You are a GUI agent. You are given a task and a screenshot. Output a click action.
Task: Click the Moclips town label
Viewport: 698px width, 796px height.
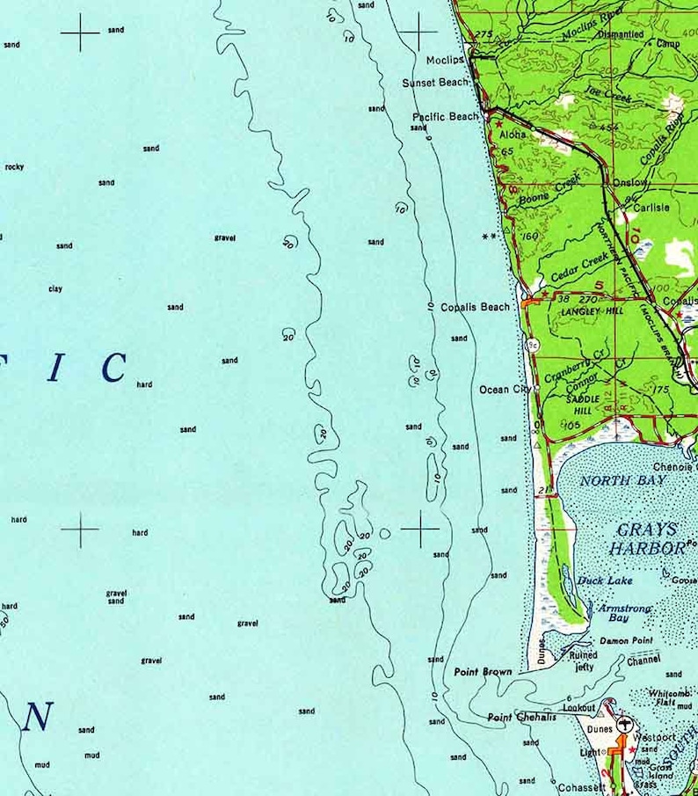click(445, 60)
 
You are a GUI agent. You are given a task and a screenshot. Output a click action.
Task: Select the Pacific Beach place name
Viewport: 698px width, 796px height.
click(446, 116)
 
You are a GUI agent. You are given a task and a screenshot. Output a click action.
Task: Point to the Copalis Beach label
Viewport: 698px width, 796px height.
click(475, 307)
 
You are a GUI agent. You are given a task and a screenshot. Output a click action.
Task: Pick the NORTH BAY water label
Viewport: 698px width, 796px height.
click(623, 481)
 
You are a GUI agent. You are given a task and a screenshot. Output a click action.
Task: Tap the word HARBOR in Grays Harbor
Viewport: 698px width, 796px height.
click(650, 548)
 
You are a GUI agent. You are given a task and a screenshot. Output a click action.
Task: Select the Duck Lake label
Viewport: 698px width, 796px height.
click(606, 581)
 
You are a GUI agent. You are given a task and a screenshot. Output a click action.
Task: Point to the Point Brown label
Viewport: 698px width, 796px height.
click(483, 672)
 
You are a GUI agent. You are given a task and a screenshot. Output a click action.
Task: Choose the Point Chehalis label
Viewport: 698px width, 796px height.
click(521, 717)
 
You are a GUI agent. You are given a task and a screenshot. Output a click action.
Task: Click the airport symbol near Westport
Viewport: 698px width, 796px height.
click(625, 725)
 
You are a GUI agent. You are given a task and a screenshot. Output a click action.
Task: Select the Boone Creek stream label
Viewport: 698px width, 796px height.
click(550, 189)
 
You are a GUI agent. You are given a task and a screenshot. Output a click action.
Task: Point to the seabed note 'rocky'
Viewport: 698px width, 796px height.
click(14, 166)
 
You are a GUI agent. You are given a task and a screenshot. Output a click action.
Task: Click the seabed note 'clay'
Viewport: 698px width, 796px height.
click(55, 288)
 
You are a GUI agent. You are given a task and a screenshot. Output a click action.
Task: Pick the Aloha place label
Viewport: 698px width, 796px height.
click(513, 135)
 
